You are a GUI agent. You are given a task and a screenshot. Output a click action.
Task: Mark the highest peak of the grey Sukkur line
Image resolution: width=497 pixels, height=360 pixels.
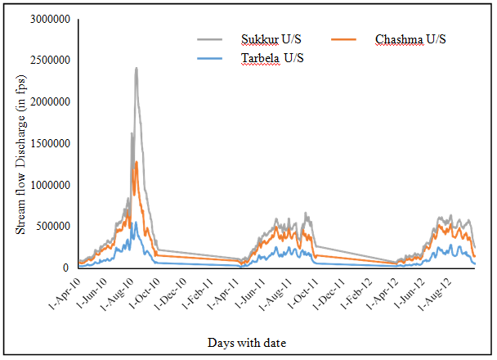[x=137, y=69]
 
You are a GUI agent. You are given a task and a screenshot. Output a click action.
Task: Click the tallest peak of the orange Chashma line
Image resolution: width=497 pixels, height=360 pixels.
[x=137, y=162]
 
